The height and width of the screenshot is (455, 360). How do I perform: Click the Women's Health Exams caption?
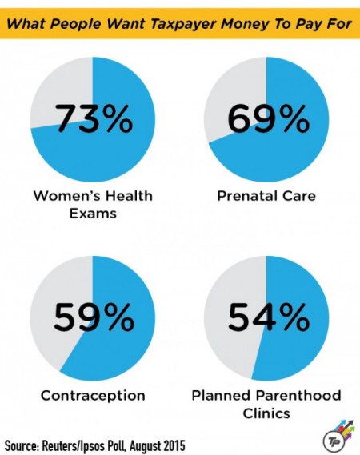point(92,203)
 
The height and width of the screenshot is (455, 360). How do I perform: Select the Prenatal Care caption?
point(266,195)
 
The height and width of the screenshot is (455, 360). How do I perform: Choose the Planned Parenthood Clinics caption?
point(266,403)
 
